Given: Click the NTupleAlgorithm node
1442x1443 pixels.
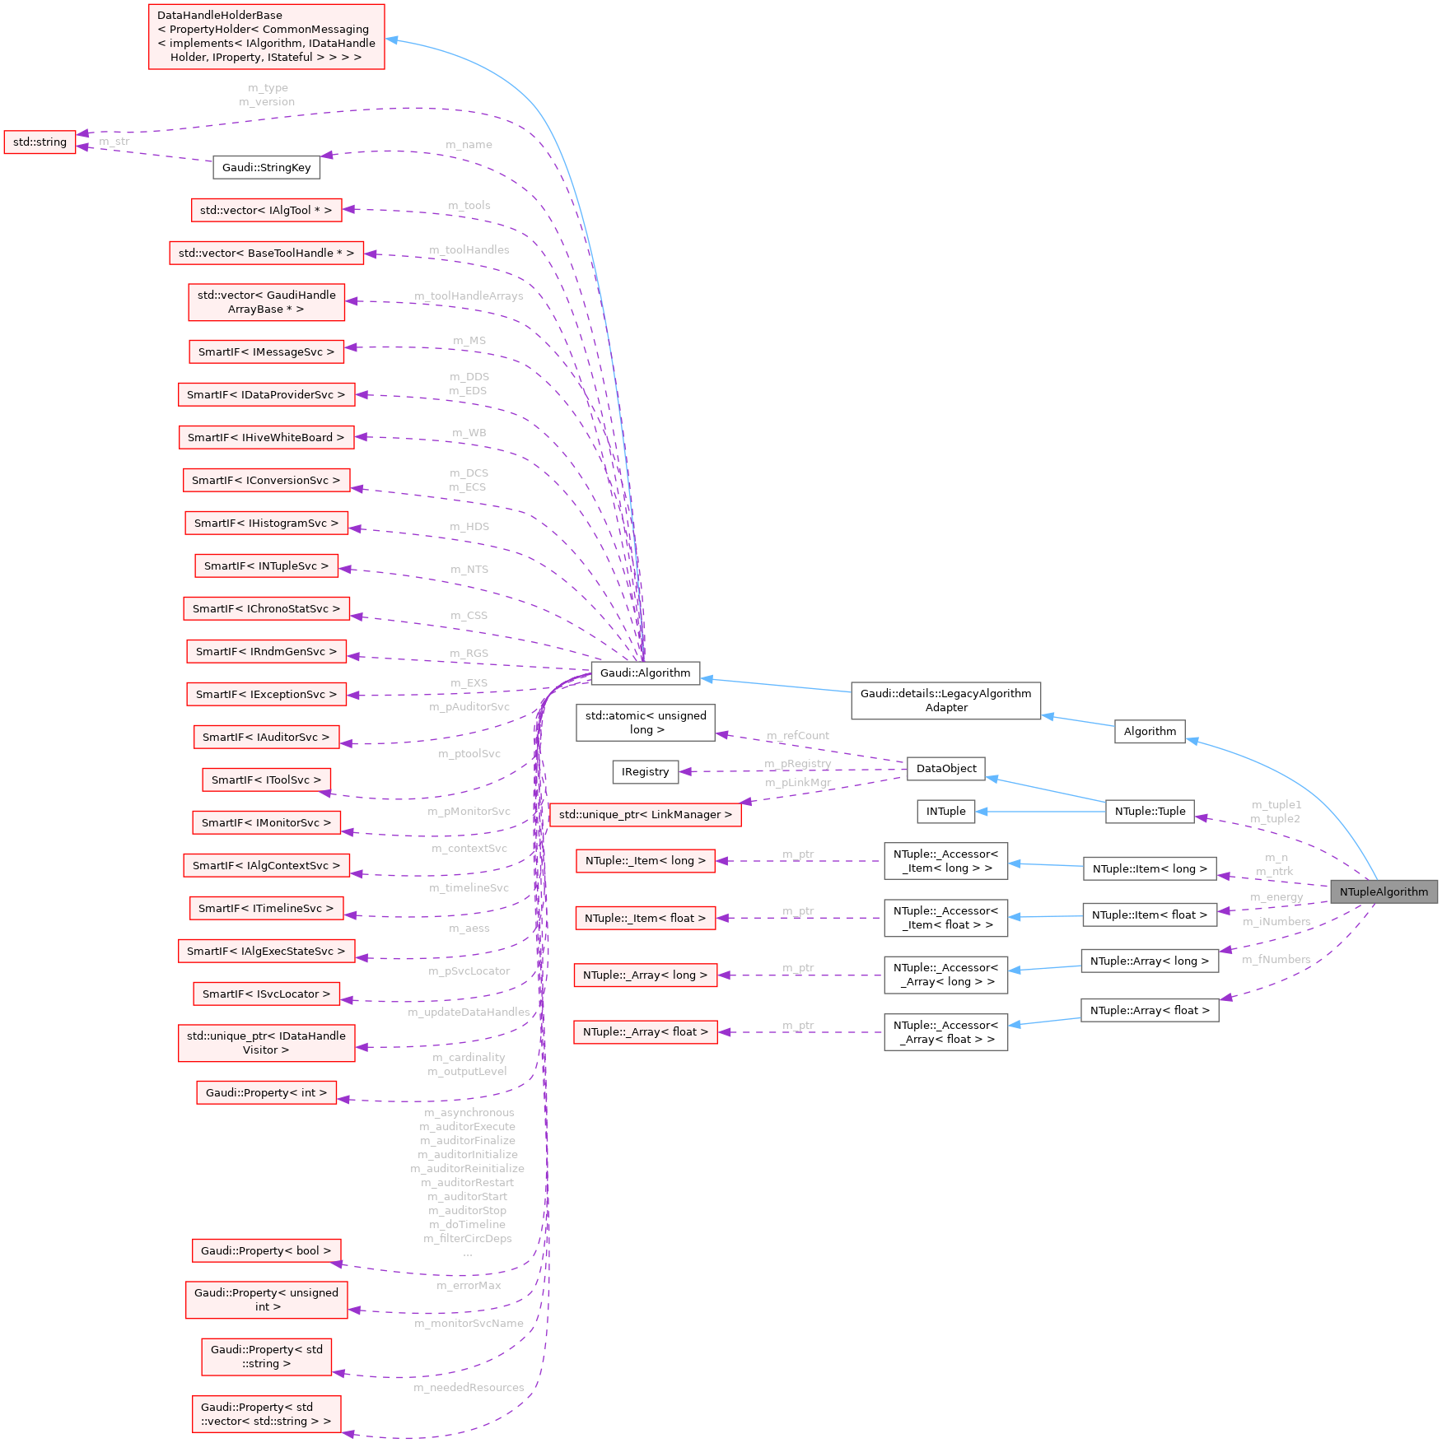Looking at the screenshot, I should click(x=1384, y=891).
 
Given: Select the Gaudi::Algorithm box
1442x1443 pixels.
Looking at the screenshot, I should click(x=645, y=673).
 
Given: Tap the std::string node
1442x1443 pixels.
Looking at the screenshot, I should click(x=40, y=142).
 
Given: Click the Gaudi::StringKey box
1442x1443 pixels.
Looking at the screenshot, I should click(x=266, y=167).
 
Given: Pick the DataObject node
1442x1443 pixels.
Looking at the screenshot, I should click(x=945, y=768).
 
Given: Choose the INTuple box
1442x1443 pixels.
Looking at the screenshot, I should click(x=945, y=811).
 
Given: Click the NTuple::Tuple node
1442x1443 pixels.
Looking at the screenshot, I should click(x=1150, y=811).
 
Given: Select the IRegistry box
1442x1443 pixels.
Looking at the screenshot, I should click(x=645, y=771).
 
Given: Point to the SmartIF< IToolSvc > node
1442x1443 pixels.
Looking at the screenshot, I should click(x=266, y=780).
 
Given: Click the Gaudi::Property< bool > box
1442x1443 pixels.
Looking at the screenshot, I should click(x=266, y=1250).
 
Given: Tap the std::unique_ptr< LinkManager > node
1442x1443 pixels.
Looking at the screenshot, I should click(x=645, y=814).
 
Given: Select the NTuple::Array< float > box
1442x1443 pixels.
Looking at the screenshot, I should click(x=1150, y=1010).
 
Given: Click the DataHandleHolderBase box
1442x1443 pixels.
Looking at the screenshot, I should click(x=266, y=36).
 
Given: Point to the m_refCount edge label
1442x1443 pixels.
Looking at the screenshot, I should click(x=797, y=735).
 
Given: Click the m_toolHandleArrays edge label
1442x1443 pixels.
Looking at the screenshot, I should click(x=469, y=296).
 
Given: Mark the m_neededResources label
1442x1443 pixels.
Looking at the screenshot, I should click(x=469, y=1387).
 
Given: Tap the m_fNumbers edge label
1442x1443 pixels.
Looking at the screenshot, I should click(x=1276, y=959).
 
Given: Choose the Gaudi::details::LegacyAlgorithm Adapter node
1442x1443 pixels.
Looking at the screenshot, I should click(x=945, y=700).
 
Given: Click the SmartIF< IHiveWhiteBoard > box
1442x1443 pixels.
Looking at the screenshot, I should click(x=266, y=437).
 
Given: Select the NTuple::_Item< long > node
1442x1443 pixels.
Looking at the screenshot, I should click(x=645, y=860).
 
